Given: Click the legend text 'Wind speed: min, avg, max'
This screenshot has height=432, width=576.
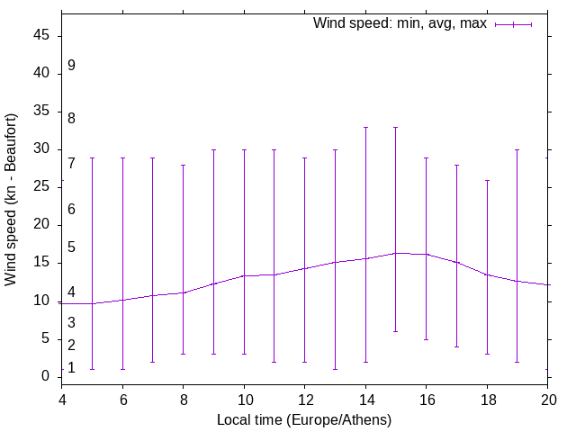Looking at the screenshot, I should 399,23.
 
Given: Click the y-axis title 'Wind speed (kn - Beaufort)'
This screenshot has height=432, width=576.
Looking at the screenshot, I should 11,200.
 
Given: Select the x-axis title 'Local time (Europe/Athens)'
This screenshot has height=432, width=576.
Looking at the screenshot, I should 304,419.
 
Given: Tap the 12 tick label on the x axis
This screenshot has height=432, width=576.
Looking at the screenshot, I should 304,397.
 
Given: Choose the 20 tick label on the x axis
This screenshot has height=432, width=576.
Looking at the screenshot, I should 547,397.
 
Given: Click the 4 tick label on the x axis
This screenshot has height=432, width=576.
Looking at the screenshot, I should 62,397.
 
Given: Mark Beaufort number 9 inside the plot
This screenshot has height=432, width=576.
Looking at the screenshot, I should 71,66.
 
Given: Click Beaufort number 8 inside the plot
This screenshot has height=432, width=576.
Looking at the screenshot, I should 71,118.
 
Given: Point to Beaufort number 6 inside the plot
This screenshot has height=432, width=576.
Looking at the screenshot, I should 71,209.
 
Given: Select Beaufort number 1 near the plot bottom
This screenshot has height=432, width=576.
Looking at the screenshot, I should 71,367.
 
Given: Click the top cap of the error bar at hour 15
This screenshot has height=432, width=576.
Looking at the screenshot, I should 395,127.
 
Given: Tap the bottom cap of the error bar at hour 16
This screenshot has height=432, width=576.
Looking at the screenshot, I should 426,339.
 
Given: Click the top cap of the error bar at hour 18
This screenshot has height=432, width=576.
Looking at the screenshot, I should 487,180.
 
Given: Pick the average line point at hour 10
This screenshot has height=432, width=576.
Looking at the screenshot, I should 244,275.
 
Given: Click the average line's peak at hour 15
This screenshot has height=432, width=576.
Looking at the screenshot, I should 395,253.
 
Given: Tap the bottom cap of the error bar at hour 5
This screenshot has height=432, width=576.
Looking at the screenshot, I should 92,369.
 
